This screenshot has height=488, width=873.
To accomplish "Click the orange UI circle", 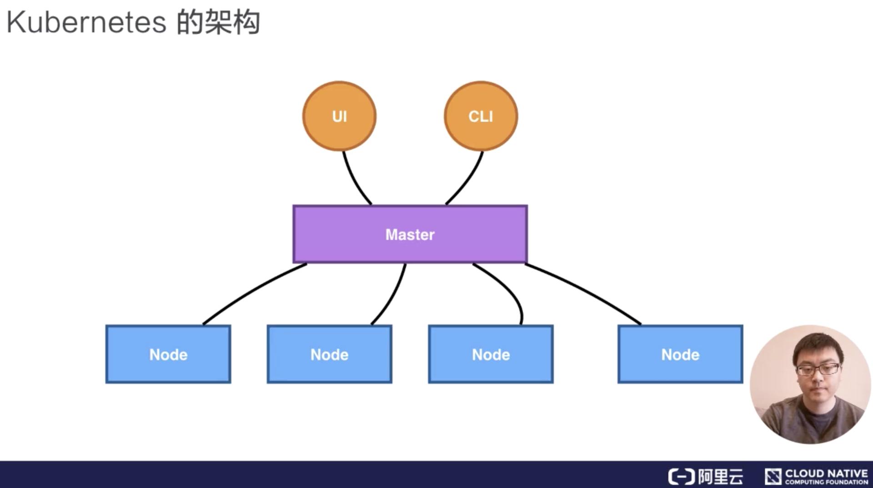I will pyautogui.click(x=339, y=116).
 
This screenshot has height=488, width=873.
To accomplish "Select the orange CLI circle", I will pyautogui.click(x=481, y=116).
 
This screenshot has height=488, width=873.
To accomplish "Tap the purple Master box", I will pyautogui.click(x=410, y=234).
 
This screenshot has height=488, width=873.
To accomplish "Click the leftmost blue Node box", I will pyautogui.click(x=168, y=354).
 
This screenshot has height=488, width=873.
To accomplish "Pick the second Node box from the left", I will pyautogui.click(x=329, y=354).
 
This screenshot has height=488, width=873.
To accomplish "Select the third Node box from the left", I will pyautogui.click(x=491, y=354).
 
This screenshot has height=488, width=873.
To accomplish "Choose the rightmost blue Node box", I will pyautogui.click(x=680, y=354).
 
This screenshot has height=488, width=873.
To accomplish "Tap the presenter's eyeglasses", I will pyautogui.click(x=817, y=369).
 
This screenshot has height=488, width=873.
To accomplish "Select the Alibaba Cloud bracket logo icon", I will pyautogui.click(x=681, y=477).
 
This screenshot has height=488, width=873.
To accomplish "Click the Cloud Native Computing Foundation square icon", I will pyautogui.click(x=773, y=476).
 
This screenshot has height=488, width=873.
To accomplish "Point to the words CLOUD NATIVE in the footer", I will pyautogui.click(x=826, y=473).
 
